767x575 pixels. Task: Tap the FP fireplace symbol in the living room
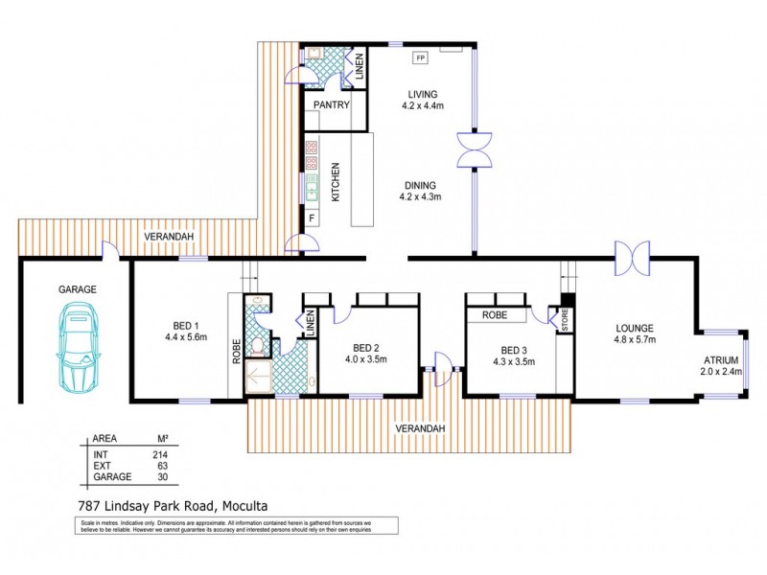[x=419, y=58]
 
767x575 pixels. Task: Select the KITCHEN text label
[x=336, y=182]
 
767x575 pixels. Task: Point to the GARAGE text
[x=78, y=288]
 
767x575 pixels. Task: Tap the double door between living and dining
[x=473, y=150]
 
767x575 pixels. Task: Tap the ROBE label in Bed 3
[x=494, y=313]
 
